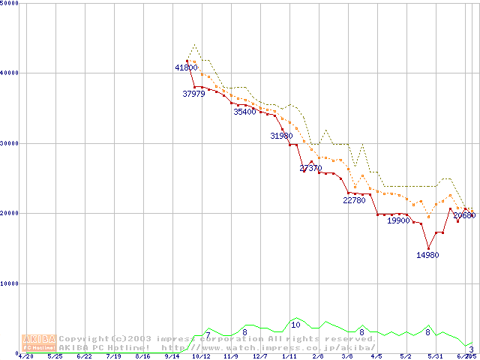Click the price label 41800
pos(186,67)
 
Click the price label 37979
pos(193,94)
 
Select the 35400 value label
pos(244,112)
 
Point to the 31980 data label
pos(281,136)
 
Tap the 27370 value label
pos(310,168)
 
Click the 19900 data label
pos(398,220)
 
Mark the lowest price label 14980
pos(427,255)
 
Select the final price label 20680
pos(464,215)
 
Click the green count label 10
pos(295,325)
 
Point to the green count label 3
pos(471,349)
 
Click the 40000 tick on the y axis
pos(9,73)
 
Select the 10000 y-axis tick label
pos(9,283)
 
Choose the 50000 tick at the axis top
pos(9,3)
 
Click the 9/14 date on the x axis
pos(172,357)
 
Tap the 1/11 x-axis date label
pos(288,357)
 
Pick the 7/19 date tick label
pos(113,357)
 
